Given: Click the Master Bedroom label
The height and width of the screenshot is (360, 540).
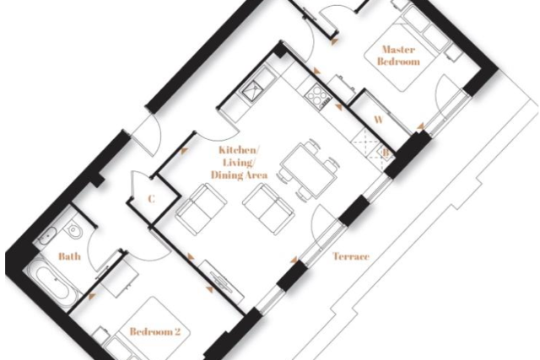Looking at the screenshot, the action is [399, 56].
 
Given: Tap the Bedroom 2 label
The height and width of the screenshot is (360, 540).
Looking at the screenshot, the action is [155, 332].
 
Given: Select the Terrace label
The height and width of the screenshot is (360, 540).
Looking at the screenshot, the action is [351, 256].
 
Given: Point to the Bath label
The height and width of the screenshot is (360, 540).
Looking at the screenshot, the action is [69, 256].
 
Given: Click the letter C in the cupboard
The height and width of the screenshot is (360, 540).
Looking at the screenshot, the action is [151, 199].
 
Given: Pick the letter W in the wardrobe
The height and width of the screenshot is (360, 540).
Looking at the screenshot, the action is [379, 120].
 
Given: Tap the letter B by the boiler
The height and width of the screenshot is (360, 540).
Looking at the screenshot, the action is [386, 152].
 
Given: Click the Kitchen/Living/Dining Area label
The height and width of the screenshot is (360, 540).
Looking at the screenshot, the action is [239, 163].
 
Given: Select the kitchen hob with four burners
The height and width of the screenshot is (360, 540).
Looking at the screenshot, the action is [317, 94].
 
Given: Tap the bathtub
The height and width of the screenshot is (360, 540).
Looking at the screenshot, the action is [51, 283].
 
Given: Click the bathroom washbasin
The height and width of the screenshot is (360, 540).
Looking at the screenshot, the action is [46, 236].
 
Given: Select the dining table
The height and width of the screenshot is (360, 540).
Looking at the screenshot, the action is [308, 170].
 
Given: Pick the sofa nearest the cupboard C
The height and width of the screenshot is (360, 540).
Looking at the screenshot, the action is [201, 210].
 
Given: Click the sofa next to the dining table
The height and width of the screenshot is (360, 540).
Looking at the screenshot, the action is [268, 209].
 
